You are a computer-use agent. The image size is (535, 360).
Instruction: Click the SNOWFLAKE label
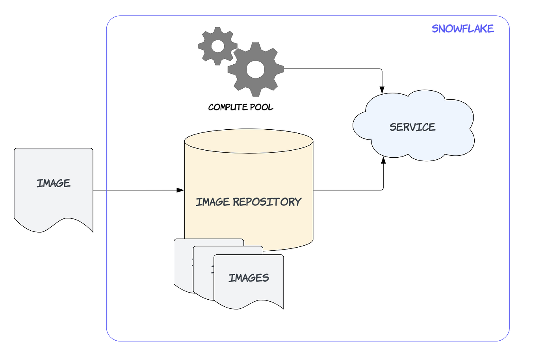(463, 29)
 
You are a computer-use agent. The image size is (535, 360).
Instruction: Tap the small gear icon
(217, 46)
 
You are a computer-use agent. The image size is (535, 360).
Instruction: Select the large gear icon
(255, 69)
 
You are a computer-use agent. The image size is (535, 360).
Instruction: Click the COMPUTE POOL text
(240, 107)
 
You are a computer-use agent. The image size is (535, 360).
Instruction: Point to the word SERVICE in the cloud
(412, 127)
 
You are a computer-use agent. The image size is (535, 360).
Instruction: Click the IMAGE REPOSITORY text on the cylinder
(248, 202)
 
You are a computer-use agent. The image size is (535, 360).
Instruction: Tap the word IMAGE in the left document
(53, 183)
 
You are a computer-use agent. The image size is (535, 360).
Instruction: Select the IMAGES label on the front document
(249, 278)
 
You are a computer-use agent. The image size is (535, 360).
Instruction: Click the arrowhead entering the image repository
(181, 190)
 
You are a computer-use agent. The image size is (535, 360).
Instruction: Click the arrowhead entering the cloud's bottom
(383, 160)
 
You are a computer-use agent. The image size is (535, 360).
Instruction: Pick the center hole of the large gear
(255, 69)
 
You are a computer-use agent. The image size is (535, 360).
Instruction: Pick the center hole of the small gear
(217, 46)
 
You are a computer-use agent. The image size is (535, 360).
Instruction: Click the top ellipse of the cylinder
(249, 141)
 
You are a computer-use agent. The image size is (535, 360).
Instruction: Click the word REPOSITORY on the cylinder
(267, 202)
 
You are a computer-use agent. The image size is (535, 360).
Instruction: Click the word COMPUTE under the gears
(228, 107)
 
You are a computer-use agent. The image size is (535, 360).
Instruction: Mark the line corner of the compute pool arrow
(381, 69)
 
